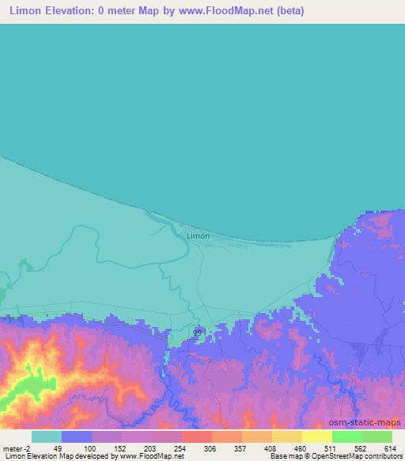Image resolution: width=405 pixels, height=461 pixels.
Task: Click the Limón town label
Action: pos(198,235)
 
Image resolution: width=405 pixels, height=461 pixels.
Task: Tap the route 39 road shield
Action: pos(199,333)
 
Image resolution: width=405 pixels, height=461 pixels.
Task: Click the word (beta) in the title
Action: pos(288,11)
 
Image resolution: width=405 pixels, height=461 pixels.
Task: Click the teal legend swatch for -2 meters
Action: pos(47,436)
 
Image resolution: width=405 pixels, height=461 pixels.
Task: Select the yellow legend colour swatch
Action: pos(317,436)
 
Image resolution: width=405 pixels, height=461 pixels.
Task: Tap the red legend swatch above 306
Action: pos(197,436)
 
